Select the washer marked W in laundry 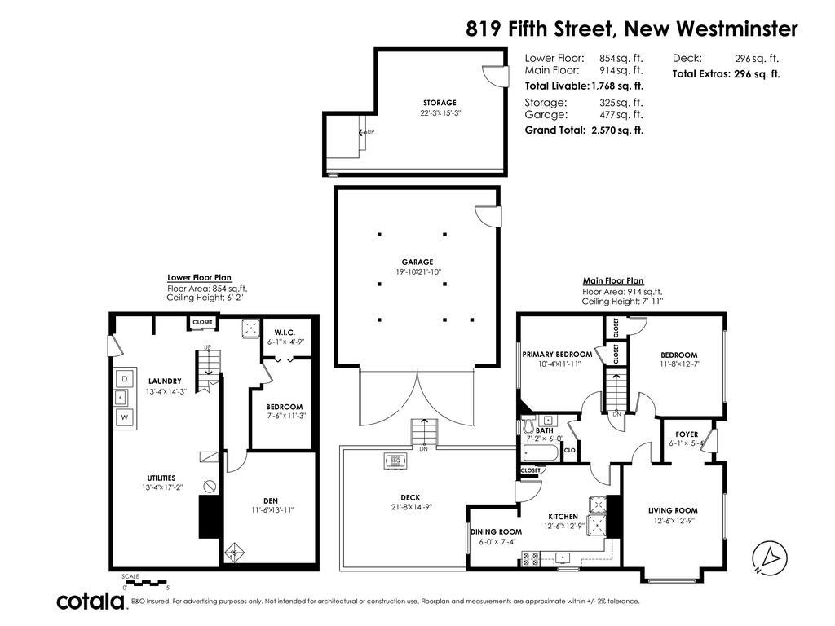point(125,417)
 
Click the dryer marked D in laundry point(125,379)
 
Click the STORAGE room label point(440,103)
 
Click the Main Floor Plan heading point(612,281)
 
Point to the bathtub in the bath point(541,452)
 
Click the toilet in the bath point(528,425)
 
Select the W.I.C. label point(285,332)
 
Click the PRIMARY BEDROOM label point(557,355)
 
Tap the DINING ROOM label point(496,532)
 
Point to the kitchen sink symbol point(563,558)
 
